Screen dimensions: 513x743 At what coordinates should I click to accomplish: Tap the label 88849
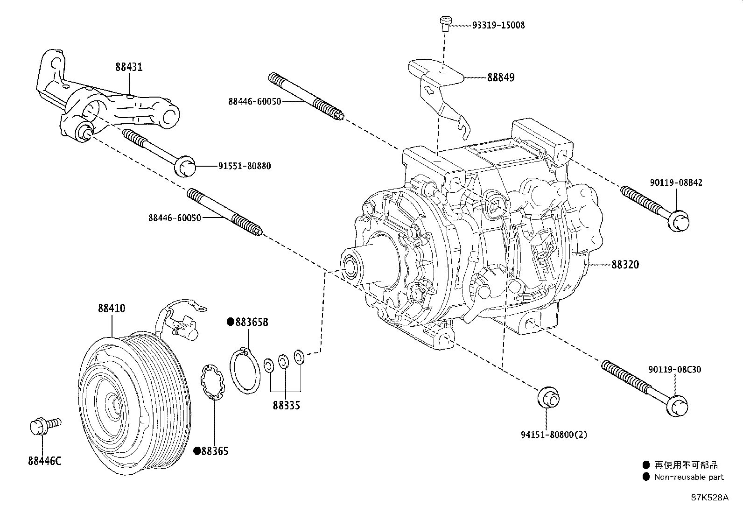tap(500, 77)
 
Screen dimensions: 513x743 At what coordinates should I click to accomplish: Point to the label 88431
tap(129, 67)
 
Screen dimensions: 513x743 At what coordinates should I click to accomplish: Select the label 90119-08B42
tap(675, 183)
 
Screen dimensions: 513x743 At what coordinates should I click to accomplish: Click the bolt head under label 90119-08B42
tap(678, 221)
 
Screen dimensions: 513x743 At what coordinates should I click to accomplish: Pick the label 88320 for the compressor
tap(625, 265)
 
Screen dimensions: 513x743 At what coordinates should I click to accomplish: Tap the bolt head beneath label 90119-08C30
tap(677, 405)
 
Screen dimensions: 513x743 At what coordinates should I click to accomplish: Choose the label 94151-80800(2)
tap(554, 435)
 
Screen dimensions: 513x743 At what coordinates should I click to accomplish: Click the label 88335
tap(286, 406)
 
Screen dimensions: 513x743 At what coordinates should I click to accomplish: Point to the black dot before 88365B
tap(230, 322)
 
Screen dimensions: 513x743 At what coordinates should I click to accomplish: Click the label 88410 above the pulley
tap(111, 309)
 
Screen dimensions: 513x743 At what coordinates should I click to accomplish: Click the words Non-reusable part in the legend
tap(688, 477)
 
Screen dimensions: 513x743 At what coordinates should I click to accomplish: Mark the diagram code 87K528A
tap(709, 498)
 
